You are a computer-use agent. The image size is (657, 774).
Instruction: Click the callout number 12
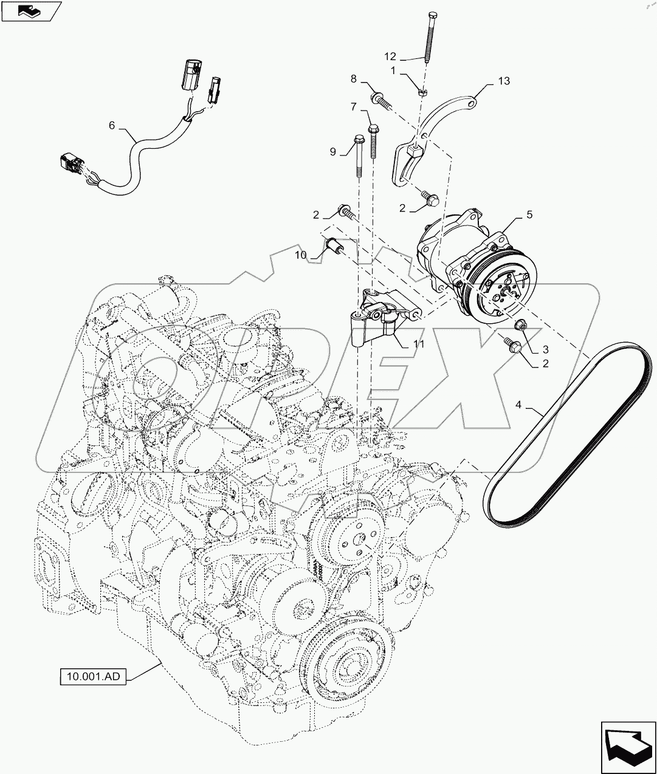[390, 57]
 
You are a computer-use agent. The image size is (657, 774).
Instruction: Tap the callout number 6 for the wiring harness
[111, 126]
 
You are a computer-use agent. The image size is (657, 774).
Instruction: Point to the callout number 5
[529, 214]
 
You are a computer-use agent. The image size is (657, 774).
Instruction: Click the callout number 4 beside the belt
[518, 405]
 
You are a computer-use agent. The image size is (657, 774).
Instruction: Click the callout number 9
[332, 151]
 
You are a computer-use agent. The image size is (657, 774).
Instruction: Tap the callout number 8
[353, 79]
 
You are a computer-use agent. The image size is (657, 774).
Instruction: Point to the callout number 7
[353, 108]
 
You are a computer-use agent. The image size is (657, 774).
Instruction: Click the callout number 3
[545, 349]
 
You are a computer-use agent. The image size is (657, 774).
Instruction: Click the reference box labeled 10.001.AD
[93, 676]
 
